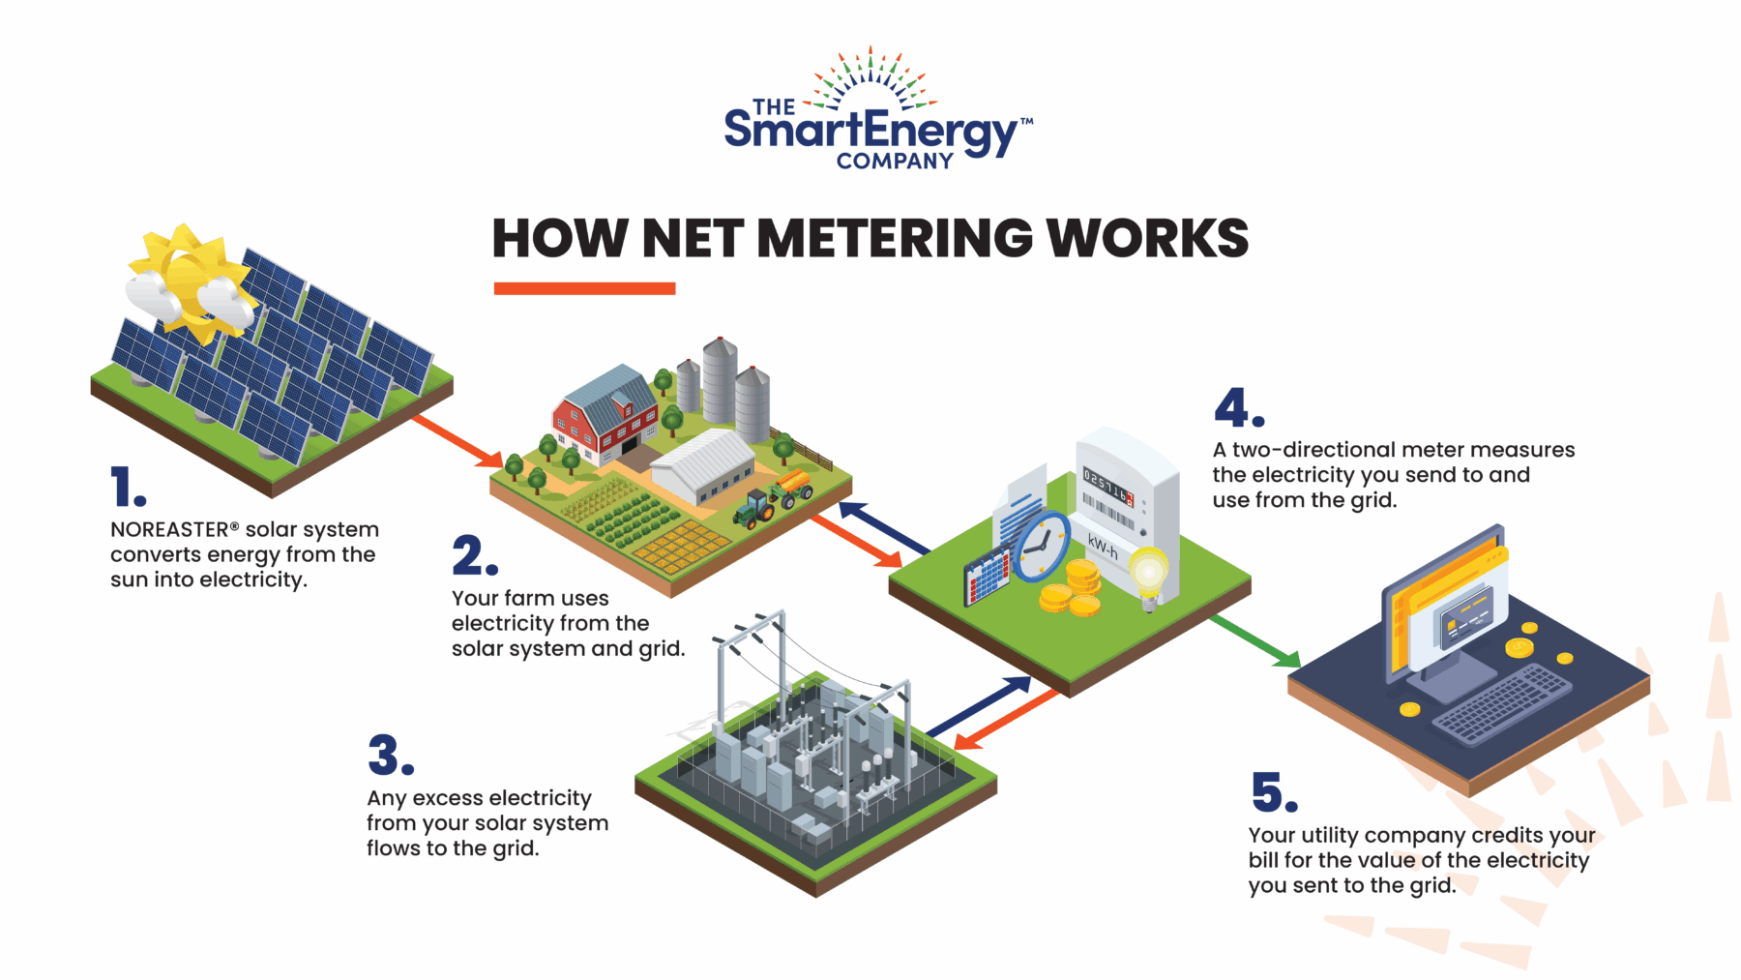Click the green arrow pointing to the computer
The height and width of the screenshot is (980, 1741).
[x=1254, y=640]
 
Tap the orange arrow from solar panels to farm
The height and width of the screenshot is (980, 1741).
[x=456, y=440]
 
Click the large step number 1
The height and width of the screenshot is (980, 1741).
[x=127, y=487]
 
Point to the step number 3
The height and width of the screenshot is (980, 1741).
[x=390, y=756]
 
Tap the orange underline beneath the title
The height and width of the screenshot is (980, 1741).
[x=584, y=288]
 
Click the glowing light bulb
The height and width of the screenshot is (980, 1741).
[x=1149, y=574]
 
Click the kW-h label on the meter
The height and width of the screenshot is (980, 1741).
[x=1103, y=547]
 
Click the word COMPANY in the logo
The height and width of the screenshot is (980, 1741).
[x=895, y=162]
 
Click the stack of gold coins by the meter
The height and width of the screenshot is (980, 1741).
[x=1075, y=590]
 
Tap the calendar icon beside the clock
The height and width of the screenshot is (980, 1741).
[x=988, y=577]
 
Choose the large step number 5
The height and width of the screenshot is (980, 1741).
[x=1273, y=792]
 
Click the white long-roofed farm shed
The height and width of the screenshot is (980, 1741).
[x=701, y=464]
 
